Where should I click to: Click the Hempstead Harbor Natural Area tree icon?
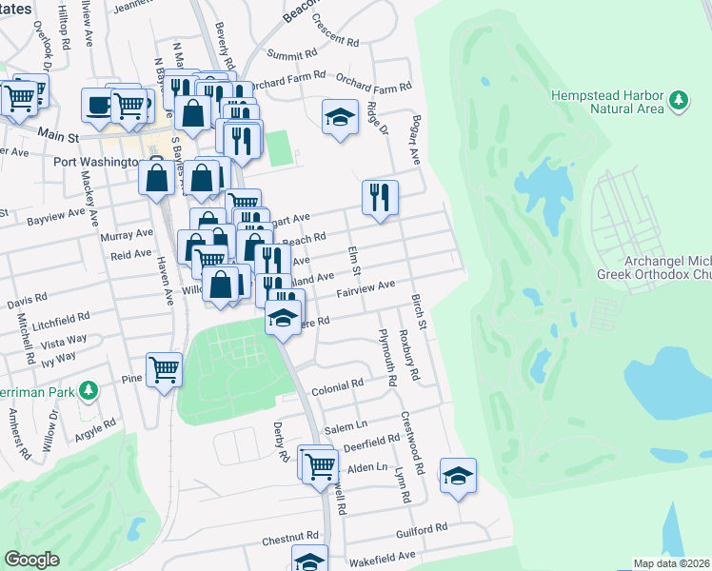(678, 100)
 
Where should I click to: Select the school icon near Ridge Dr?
(340, 117)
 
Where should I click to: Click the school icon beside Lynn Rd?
(458, 474)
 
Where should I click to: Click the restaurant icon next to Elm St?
(380, 197)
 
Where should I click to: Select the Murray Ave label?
(130, 233)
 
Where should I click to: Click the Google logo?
(31, 559)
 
